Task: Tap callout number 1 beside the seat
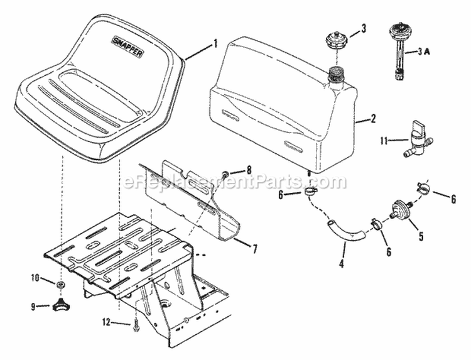pos(215,44)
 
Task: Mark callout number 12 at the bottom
pos(107,323)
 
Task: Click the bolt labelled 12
pos(136,324)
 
